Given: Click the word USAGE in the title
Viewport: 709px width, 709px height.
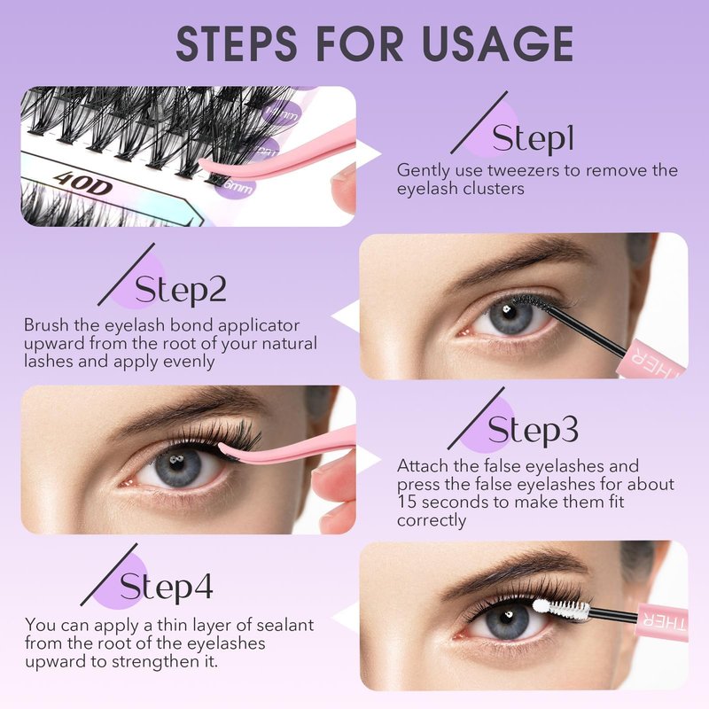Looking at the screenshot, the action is coord(498,43).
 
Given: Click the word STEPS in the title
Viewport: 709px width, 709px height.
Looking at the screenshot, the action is coord(236,43).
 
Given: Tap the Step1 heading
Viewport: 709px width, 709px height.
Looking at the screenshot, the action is coord(534,138).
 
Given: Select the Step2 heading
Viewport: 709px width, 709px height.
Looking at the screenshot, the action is coord(181,290).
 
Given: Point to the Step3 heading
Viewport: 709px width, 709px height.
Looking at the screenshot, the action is coord(533,430).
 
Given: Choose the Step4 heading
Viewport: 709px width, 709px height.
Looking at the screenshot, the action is coord(166,586).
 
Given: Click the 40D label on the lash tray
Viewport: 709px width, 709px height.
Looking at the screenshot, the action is coord(82,183).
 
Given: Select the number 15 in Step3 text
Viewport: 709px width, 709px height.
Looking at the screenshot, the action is coord(407,502).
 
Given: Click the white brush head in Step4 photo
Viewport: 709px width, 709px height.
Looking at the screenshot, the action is coord(561,609).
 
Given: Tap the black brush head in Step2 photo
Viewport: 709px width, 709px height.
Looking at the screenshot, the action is coord(531,302).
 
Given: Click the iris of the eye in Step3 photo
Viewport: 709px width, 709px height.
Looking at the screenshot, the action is coord(178,467).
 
